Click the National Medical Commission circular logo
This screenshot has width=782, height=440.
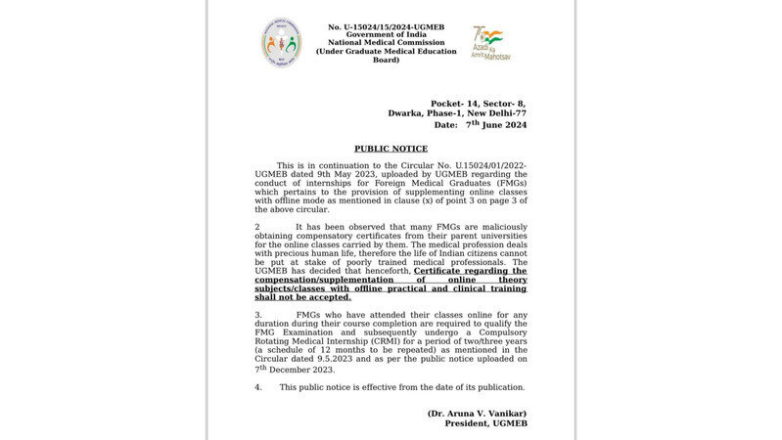click(x=281, y=44)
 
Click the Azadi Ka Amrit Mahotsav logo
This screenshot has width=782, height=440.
click(x=491, y=44)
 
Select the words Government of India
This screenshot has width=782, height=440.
click(x=386, y=34)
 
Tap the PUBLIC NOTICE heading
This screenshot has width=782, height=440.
click(x=391, y=149)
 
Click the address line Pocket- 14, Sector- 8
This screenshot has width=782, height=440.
click(x=479, y=104)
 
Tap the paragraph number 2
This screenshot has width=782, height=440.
click(x=257, y=226)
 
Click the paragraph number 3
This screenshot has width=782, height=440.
click(x=257, y=315)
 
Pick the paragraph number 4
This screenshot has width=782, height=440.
click(x=257, y=387)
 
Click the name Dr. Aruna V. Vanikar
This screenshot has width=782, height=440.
click(x=477, y=414)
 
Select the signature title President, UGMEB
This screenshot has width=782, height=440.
click(x=480, y=423)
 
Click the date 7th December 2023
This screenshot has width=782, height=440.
click(x=296, y=370)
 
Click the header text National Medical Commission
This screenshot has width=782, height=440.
click(x=386, y=43)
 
